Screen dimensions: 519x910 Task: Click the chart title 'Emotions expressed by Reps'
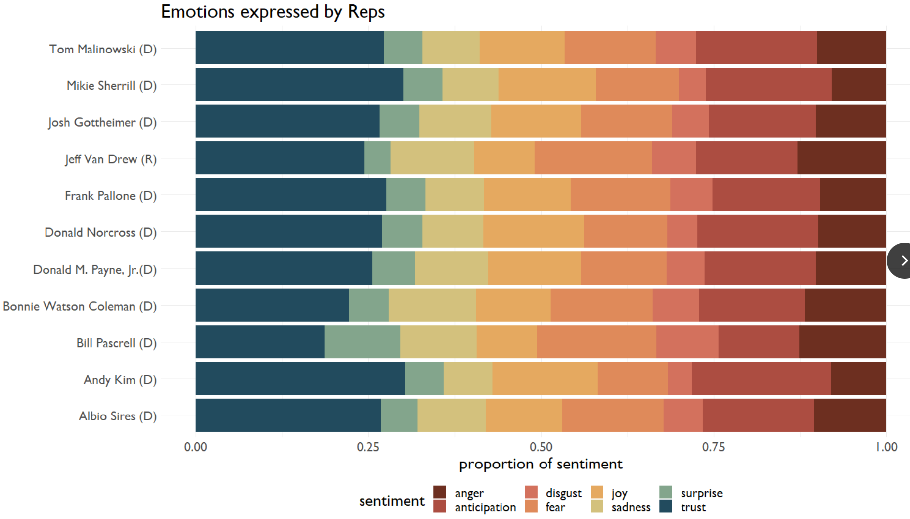(273, 12)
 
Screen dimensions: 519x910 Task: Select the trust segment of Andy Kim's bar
(300, 378)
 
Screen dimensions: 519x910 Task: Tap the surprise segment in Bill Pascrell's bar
(362, 342)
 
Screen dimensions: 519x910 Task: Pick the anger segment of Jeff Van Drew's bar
(841, 158)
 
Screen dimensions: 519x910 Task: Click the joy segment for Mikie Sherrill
(546, 85)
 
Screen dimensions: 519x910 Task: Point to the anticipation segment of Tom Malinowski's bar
(756, 48)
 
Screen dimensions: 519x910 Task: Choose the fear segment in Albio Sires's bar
(612, 415)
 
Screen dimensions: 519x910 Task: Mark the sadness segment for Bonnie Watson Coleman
(432, 305)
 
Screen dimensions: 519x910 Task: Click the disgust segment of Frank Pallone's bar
(691, 195)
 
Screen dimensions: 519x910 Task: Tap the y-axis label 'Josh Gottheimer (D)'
(102, 122)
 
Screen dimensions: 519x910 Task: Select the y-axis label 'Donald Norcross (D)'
(100, 232)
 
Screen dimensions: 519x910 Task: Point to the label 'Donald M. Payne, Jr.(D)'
(95, 270)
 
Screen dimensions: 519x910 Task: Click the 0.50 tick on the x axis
(541, 447)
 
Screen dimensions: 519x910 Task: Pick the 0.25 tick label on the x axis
(368, 447)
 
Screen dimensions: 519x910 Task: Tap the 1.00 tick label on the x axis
(886, 447)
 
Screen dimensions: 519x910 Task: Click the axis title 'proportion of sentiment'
(541, 464)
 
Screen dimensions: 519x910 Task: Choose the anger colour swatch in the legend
(439, 492)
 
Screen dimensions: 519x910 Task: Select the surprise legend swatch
(666, 492)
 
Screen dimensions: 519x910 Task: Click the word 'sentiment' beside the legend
(392, 501)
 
